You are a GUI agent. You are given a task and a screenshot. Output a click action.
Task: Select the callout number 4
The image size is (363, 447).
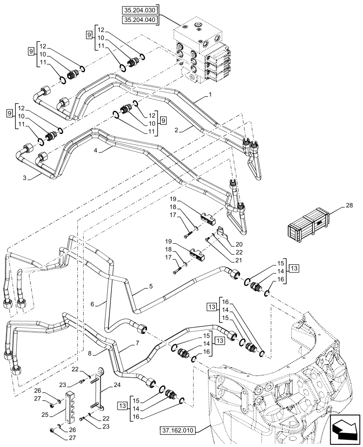tap(96, 151)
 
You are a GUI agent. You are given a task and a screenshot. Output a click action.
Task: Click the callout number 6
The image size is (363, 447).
tap(93, 304)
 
